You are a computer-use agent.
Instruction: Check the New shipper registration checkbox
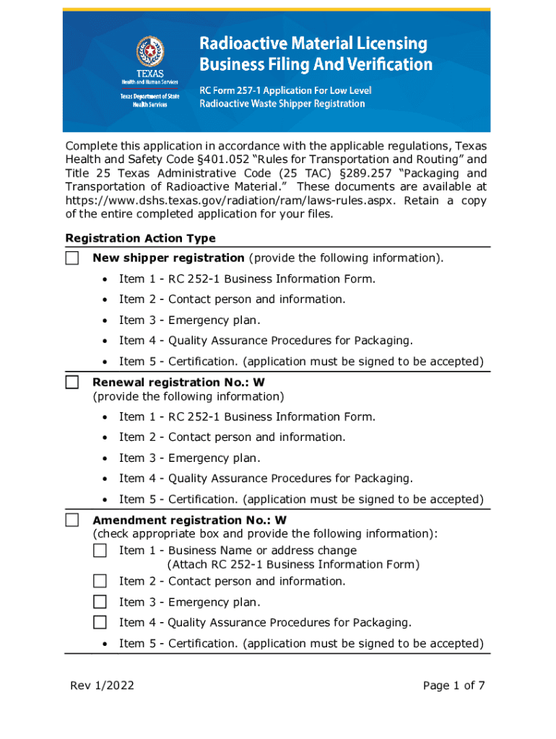click(72, 258)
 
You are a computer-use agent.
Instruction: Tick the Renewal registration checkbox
click(72, 382)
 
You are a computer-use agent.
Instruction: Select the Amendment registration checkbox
click(72, 520)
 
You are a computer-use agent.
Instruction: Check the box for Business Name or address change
click(100, 551)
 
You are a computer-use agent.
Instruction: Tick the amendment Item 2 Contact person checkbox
click(100, 581)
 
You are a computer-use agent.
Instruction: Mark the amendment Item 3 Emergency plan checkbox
click(100, 602)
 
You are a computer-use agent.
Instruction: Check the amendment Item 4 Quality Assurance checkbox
click(100, 622)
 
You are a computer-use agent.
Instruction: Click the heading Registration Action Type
click(140, 238)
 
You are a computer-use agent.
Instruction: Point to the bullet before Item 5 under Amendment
click(105, 644)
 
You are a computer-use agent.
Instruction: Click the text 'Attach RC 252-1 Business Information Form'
click(293, 565)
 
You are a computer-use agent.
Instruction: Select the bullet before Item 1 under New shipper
click(105, 279)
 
